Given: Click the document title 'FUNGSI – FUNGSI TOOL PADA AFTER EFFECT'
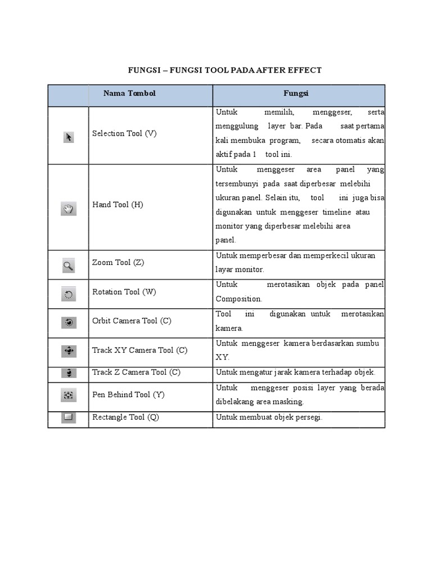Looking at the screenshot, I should (x=225, y=70).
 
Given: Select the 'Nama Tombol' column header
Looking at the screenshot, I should (x=129, y=93).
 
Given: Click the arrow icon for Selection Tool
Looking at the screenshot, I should (x=69, y=137).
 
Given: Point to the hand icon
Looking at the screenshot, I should (x=68, y=209).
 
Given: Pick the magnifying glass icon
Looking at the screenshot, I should (x=68, y=265).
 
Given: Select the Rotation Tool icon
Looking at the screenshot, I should (x=68, y=294).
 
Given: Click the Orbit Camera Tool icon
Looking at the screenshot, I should (x=68, y=322).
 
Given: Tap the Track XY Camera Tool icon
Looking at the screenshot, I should (x=68, y=351).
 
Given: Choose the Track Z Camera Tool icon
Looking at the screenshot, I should (x=68, y=372).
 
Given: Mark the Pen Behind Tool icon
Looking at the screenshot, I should (x=68, y=395).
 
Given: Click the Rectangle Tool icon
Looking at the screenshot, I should (x=68, y=417).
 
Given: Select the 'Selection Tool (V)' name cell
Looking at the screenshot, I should (x=124, y=134).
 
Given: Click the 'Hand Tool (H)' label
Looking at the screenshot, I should (x=118, y=205).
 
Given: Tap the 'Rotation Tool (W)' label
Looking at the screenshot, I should (x=124, y=292).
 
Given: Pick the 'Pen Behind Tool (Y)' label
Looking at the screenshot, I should (x=128, y=395).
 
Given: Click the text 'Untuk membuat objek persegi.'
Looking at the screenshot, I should (x=269, y=417).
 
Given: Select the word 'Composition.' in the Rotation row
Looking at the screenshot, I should (x=238, y=299).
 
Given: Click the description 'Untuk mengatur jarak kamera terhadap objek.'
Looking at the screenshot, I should (x=295, y=372).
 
